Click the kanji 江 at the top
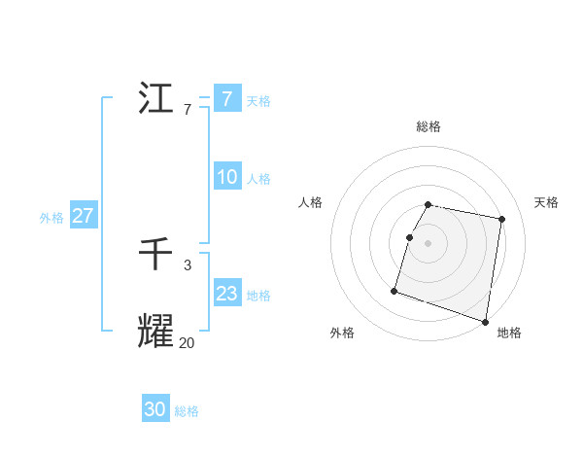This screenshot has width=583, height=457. point(156,98)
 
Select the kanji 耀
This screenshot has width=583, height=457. point(156,332)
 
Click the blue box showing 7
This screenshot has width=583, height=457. point(226,99)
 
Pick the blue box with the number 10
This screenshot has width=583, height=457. point(226,177)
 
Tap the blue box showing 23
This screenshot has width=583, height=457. point(226,294)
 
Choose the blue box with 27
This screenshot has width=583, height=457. point(83,216)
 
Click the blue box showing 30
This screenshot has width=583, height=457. point(155,410)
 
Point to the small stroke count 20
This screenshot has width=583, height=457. point(187,342)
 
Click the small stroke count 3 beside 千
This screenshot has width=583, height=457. point(188,265)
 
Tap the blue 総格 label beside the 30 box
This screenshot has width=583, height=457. point(187,411)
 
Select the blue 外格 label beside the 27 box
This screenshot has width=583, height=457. point(51,218)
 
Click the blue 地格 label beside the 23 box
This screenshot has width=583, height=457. point(258,296)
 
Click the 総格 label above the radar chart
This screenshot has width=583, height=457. point(429,126)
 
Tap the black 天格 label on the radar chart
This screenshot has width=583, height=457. point(547,202)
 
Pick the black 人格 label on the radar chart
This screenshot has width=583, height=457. point(310,202)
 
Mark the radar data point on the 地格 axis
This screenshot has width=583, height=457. point(485,320)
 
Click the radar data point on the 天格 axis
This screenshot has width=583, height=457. point(501,221)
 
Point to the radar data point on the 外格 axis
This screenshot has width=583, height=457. point(394,290)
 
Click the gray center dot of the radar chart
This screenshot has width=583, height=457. point(429,242)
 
